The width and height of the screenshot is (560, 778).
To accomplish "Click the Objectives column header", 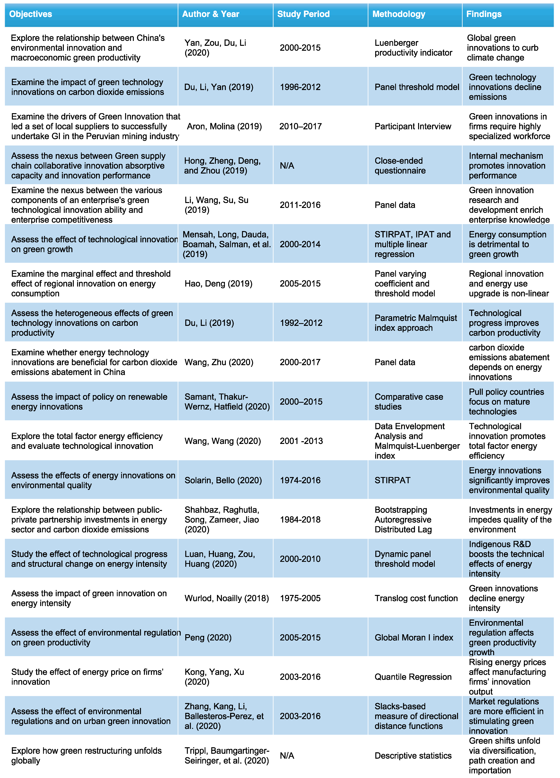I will pyautogui.click(x=31, y=14).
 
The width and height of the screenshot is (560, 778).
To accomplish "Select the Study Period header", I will pyautogui.click(x=303, y=14).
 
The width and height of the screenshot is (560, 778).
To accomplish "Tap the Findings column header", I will pyautogui.click(x=484, y=14).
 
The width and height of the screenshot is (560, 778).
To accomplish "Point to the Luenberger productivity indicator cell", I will pyautogui.click(x=413, y=48).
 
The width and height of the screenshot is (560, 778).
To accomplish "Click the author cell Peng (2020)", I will pyautogui.click(x=208, y=637).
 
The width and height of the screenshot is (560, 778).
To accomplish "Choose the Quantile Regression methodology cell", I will pyautogui.click(x=413, y=677).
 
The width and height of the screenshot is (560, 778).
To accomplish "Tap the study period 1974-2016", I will pyautogui.click(x=300, y=480).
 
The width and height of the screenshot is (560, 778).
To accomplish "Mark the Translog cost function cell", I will pyautogui.click(x=416, y=598).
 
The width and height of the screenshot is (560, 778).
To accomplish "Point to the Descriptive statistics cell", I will pyautogui.click(x=413, y=756).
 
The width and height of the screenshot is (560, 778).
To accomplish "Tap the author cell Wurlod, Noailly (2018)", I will pyautogui.click(x=226, y=598).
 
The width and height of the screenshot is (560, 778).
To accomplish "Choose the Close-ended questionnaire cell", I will pyautogui.click(x=400, y=166).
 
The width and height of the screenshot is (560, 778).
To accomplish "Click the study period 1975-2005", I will pyautogui.click(x=300, y=598).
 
